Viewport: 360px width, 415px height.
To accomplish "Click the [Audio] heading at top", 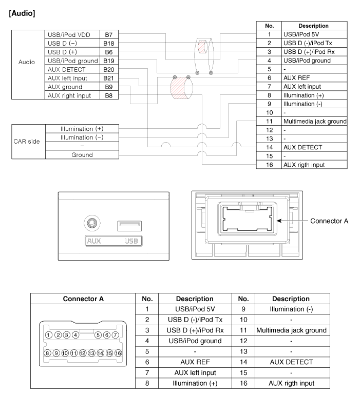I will click(x=22, y=13).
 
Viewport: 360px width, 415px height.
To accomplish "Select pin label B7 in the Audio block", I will click(x=108, y=34).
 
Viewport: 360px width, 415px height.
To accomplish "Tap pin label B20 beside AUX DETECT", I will click(x=108, y=69).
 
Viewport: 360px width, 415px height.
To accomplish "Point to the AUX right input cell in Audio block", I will click(x=72, y=95).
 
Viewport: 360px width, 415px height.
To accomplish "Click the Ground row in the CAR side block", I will click(x=82, y=154).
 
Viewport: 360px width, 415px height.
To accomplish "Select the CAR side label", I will click(x=27, y=142).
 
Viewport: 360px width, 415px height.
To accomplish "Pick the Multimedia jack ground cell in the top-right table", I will click(x=314, y=122).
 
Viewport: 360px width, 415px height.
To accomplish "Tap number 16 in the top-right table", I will click(x=269, y=165).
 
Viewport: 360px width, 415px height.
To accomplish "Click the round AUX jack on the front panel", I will click(x=91, y=224).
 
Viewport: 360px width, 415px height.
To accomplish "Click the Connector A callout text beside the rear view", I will click(x=329, y=221).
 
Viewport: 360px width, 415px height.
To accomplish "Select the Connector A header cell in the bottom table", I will click(x=83, y=299).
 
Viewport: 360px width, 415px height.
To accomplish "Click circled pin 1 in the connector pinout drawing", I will click(x=49, y=335).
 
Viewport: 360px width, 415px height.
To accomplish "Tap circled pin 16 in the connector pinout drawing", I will click(x=118, y=353).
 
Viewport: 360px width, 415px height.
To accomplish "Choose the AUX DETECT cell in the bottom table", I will click(x=291, y=362).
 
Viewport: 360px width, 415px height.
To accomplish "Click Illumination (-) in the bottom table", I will click(x=291, y=309).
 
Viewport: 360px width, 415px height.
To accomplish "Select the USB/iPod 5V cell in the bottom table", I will click(x=195, y=309).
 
